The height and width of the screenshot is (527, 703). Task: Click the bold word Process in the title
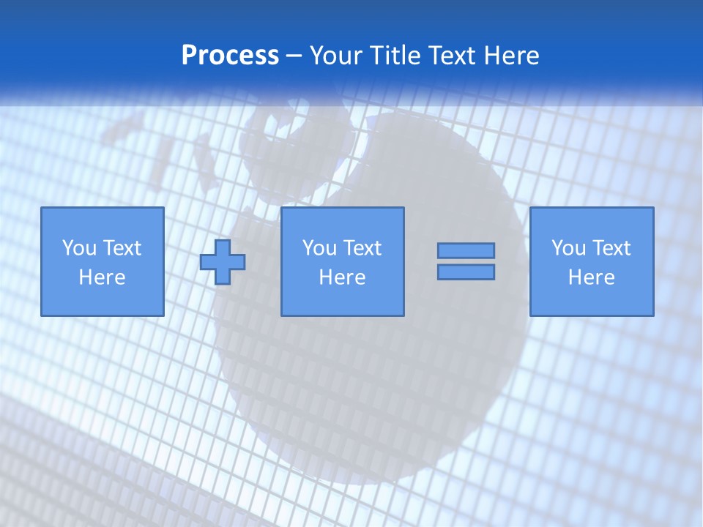click(230, 56)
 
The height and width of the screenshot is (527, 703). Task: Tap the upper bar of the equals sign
click(466, 251)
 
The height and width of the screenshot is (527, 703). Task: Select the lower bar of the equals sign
click(466, 272)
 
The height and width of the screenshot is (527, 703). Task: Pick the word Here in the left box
click(102, 277)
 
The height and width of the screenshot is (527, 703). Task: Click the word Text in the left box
click(121, 248)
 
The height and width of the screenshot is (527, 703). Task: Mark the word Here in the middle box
click(342, 277)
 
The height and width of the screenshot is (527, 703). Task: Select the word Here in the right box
click(591, 277)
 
